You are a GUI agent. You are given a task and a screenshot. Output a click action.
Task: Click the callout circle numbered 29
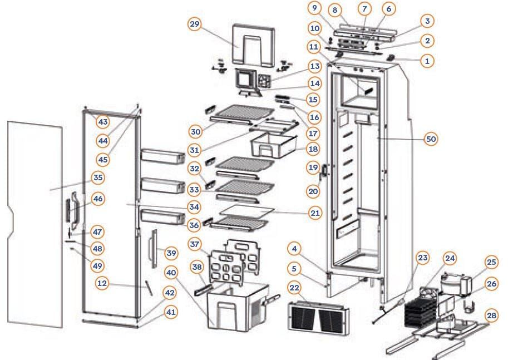(195, 26)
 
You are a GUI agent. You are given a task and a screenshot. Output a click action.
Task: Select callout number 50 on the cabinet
(430, 139)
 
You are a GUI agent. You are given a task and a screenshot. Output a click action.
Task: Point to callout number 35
(98, 178)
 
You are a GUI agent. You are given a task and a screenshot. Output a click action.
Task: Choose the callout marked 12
(101, 283)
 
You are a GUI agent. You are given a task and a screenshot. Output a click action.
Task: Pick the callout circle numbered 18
(312, 149)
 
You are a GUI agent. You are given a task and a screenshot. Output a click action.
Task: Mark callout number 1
(427, 61)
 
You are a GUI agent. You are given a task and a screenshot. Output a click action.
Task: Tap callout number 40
(172, 273)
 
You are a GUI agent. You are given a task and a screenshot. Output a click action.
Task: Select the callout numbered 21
(315, 213)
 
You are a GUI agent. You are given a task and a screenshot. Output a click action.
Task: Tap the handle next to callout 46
(71, 210)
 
